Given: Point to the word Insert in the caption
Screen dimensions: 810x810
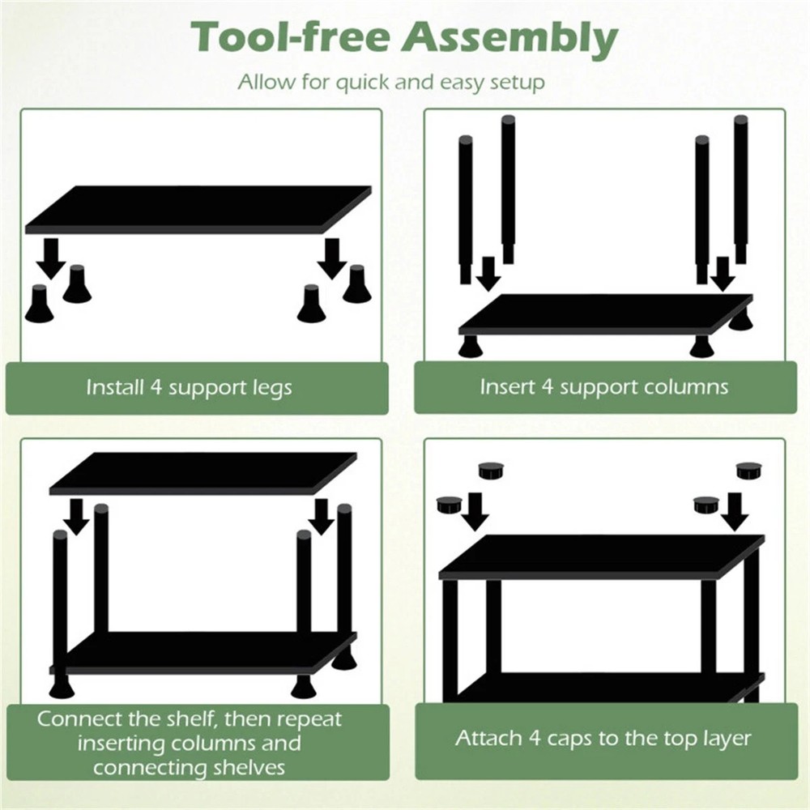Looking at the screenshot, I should click(506, 386).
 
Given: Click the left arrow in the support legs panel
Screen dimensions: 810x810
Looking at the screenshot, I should click(51, 258).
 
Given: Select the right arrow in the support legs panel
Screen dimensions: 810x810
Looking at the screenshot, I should click(331, 258).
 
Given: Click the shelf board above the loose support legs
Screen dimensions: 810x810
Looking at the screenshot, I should click(198, 209).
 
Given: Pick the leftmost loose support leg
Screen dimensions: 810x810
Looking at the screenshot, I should click(39, 305).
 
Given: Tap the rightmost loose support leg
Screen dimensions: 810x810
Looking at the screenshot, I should click(356, 284).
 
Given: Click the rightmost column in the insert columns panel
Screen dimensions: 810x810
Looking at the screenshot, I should click(740, 189).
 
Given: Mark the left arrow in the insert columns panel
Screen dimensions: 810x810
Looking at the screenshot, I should click(488, 273).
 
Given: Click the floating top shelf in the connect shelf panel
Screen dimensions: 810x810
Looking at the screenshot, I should click(202, 473).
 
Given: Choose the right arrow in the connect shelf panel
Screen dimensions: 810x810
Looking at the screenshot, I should click(322, 516).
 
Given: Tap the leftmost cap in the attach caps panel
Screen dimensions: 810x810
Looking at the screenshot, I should click(448, 505).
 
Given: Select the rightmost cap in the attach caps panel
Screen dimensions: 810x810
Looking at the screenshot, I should click(749, 469).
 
